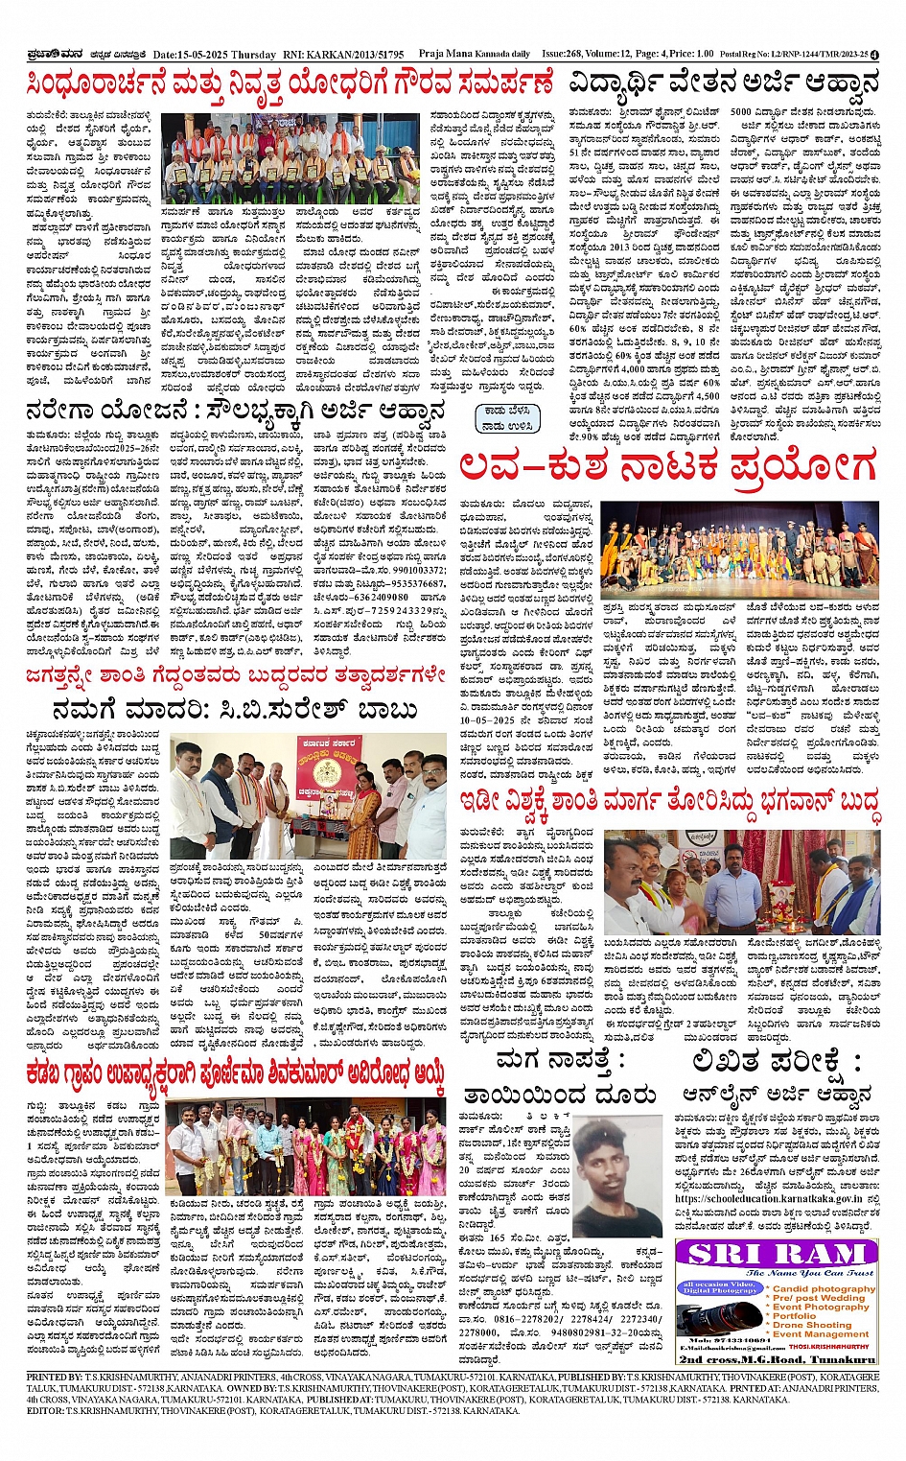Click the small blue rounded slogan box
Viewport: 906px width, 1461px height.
point(507,417)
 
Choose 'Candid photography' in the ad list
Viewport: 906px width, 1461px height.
point(824,1288)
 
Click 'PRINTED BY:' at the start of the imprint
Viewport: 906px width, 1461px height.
point(56,1377)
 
